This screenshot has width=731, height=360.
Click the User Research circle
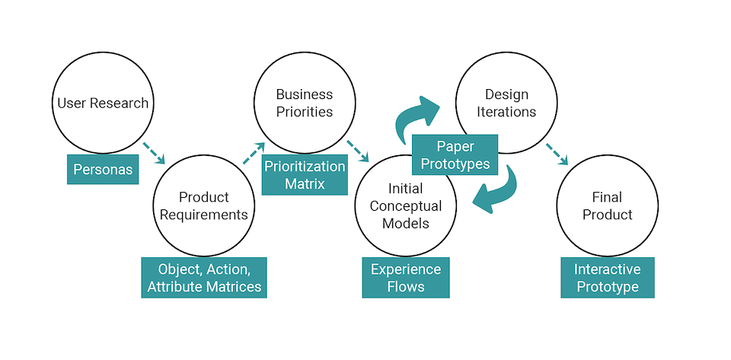102,104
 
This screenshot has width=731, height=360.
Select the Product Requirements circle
202,205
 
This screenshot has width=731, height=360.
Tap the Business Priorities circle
304,104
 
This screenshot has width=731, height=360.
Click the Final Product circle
607,205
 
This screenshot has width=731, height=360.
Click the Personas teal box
104,169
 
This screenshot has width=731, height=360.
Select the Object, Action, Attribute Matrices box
204,278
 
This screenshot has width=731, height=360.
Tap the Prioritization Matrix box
305,175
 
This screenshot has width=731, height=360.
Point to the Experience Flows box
405,278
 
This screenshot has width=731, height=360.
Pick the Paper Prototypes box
454,155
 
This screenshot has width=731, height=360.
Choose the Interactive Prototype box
607,278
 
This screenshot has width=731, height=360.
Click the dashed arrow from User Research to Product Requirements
154,153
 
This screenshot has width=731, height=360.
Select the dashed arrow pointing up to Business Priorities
254,153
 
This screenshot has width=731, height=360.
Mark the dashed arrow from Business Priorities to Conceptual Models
357,151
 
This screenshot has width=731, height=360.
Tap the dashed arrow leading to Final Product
557,153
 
